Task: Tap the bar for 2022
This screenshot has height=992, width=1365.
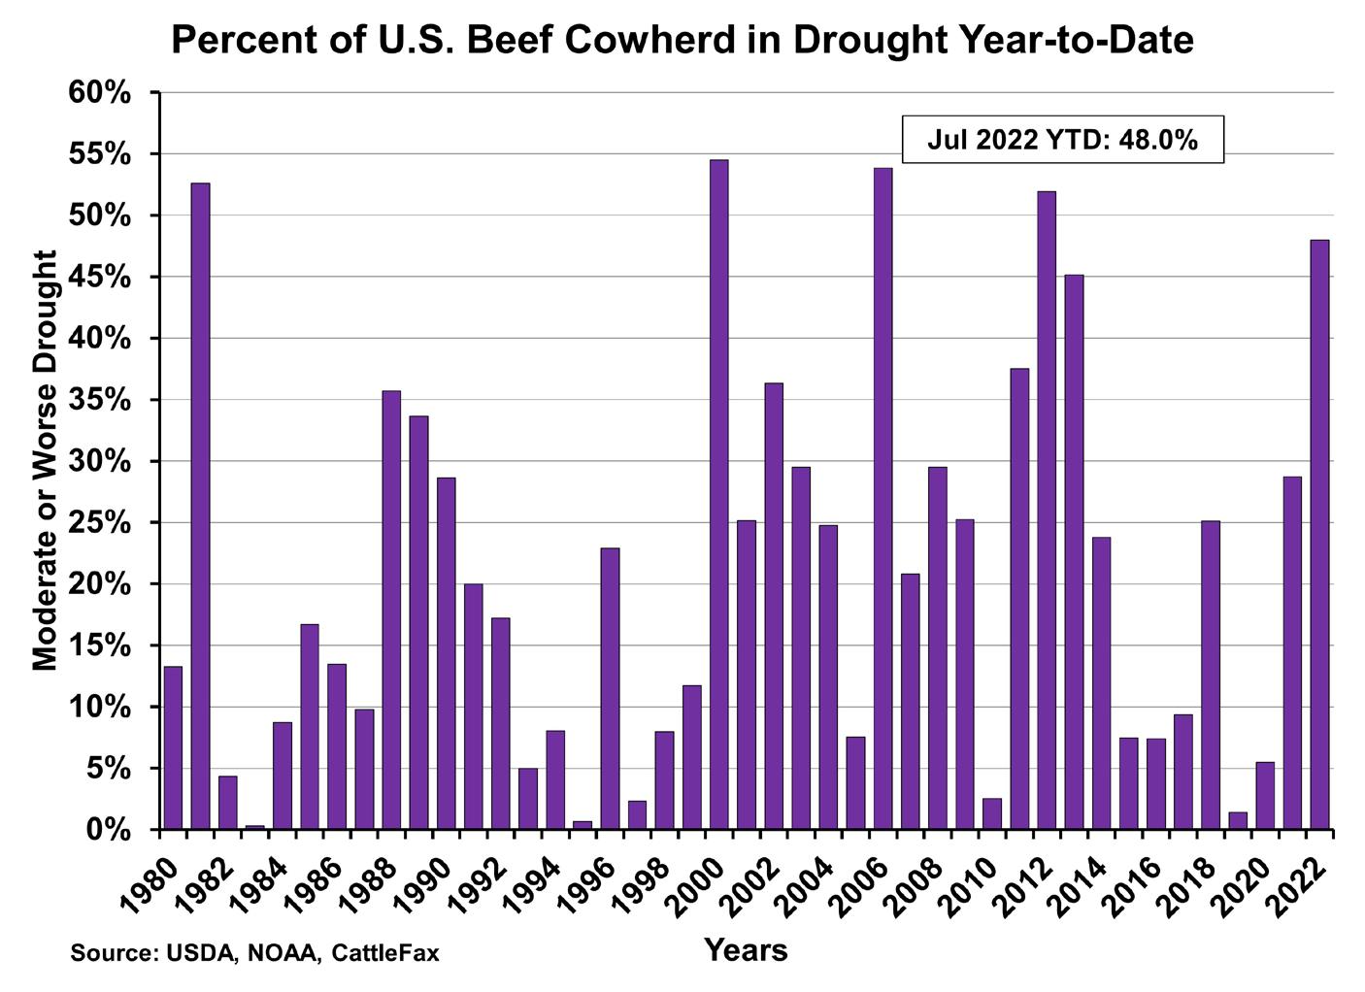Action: [1319, 535]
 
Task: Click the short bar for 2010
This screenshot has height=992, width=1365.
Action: [992, 814]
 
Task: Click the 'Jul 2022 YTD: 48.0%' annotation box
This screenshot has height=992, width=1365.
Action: [1062, 140]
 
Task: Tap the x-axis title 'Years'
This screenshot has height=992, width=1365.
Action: [746, 950]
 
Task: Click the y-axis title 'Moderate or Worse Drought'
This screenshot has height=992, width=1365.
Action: [46, 460]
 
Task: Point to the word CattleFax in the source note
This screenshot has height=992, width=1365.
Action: [384, 953]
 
